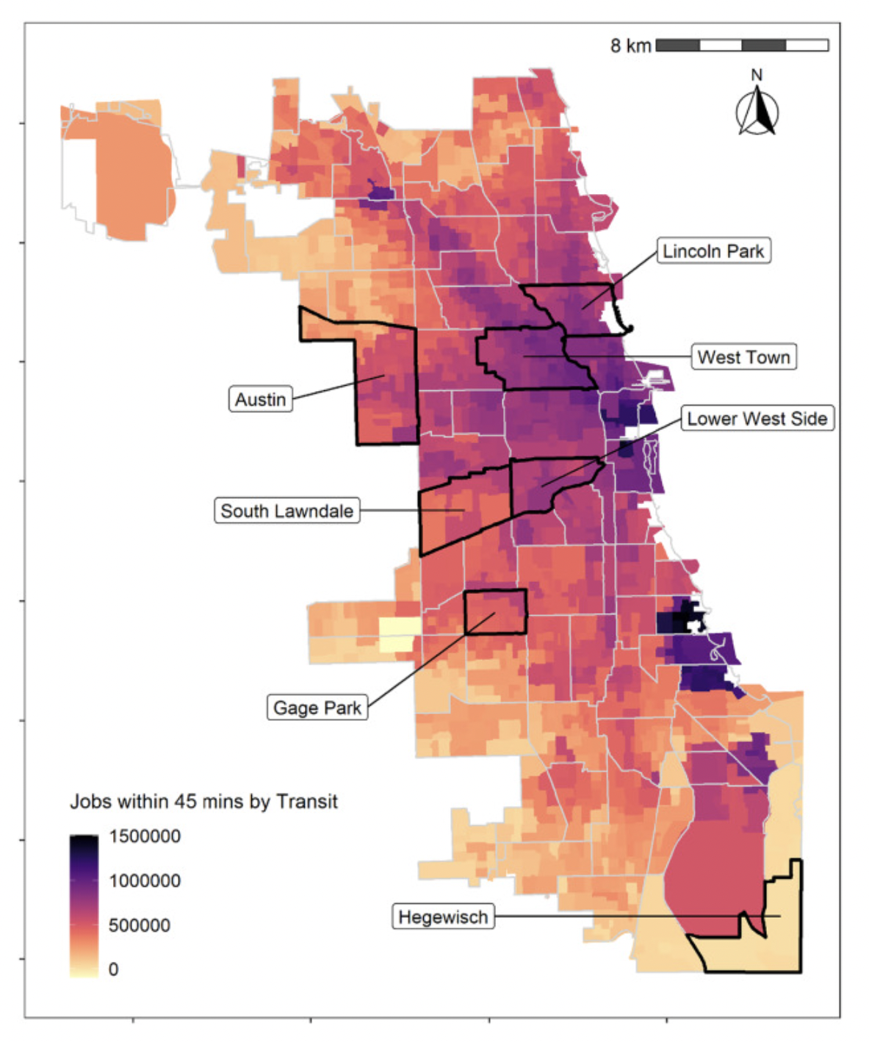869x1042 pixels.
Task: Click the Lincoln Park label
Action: (713, 251)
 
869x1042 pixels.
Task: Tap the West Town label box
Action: (743, 357)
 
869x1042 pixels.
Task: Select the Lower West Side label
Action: (757, 419)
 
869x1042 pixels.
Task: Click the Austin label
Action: (261, 399)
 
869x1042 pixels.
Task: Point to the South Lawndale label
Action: (286, 511)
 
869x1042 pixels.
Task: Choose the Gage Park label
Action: (317, 708)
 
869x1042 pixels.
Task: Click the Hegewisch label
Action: (443, 917)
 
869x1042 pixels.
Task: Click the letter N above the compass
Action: (757, 75)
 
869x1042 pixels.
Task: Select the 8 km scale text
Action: (630, 46)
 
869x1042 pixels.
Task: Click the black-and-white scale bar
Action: (742, 46)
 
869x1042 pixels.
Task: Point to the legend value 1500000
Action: (145, 836)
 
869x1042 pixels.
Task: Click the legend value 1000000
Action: (145, 880)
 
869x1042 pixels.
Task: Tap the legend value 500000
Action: (140, 925)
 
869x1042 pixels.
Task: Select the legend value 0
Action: (113, 969)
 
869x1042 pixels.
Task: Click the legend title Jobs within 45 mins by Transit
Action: (203, 801)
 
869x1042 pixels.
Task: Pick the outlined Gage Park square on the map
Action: (496, 611)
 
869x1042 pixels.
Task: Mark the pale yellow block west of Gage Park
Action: (399, 634)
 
